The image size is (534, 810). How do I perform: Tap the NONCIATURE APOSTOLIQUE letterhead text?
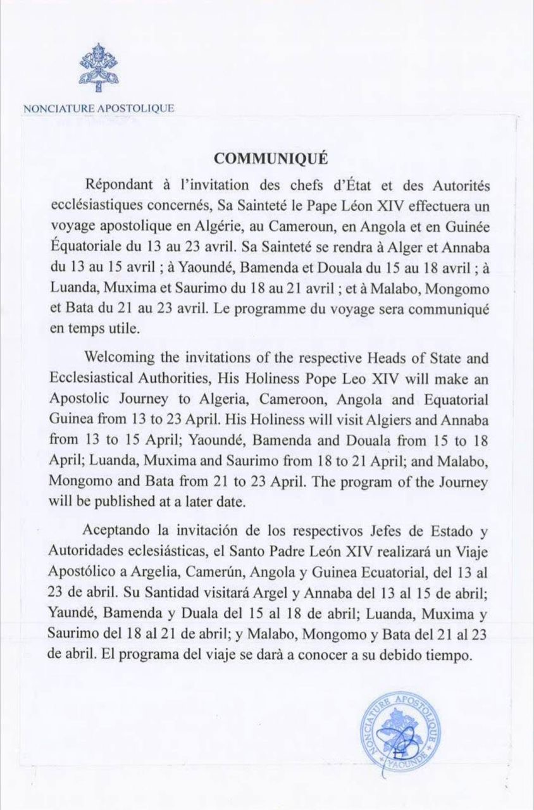coord(98,108)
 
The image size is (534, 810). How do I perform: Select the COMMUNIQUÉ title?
coord(270,159)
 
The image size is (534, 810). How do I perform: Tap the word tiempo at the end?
coord(450,655)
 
